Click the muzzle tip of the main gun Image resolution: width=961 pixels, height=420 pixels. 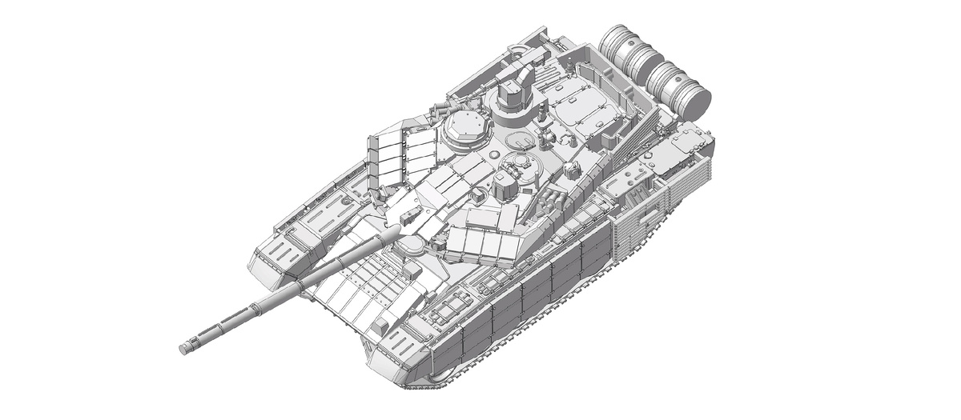coord(184,348)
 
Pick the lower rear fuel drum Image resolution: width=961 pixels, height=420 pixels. coord(681,88)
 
